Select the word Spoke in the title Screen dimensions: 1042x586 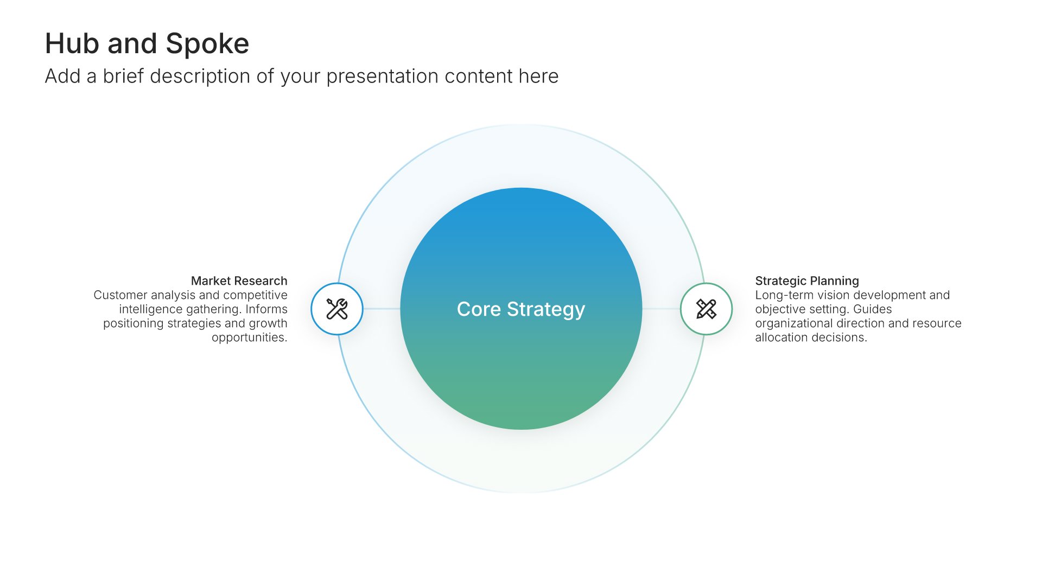pos(207,43)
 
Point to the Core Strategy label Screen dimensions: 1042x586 pos(521,309)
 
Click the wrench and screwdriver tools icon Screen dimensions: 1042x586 pos(337,309)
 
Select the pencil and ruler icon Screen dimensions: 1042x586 pos(706,309)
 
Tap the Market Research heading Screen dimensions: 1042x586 pos(239,281)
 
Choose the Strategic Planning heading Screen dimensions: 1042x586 pos(807,281)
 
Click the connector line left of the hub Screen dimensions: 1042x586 pos(382,309)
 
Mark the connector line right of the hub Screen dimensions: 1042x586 pos(661,309)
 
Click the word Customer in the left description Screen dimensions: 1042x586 pos(120,295)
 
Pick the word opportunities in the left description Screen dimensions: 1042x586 pos(250,337)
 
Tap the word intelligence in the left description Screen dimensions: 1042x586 pos(151,309)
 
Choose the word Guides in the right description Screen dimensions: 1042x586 pos(873,309)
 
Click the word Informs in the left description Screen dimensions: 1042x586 pos(266,309)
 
